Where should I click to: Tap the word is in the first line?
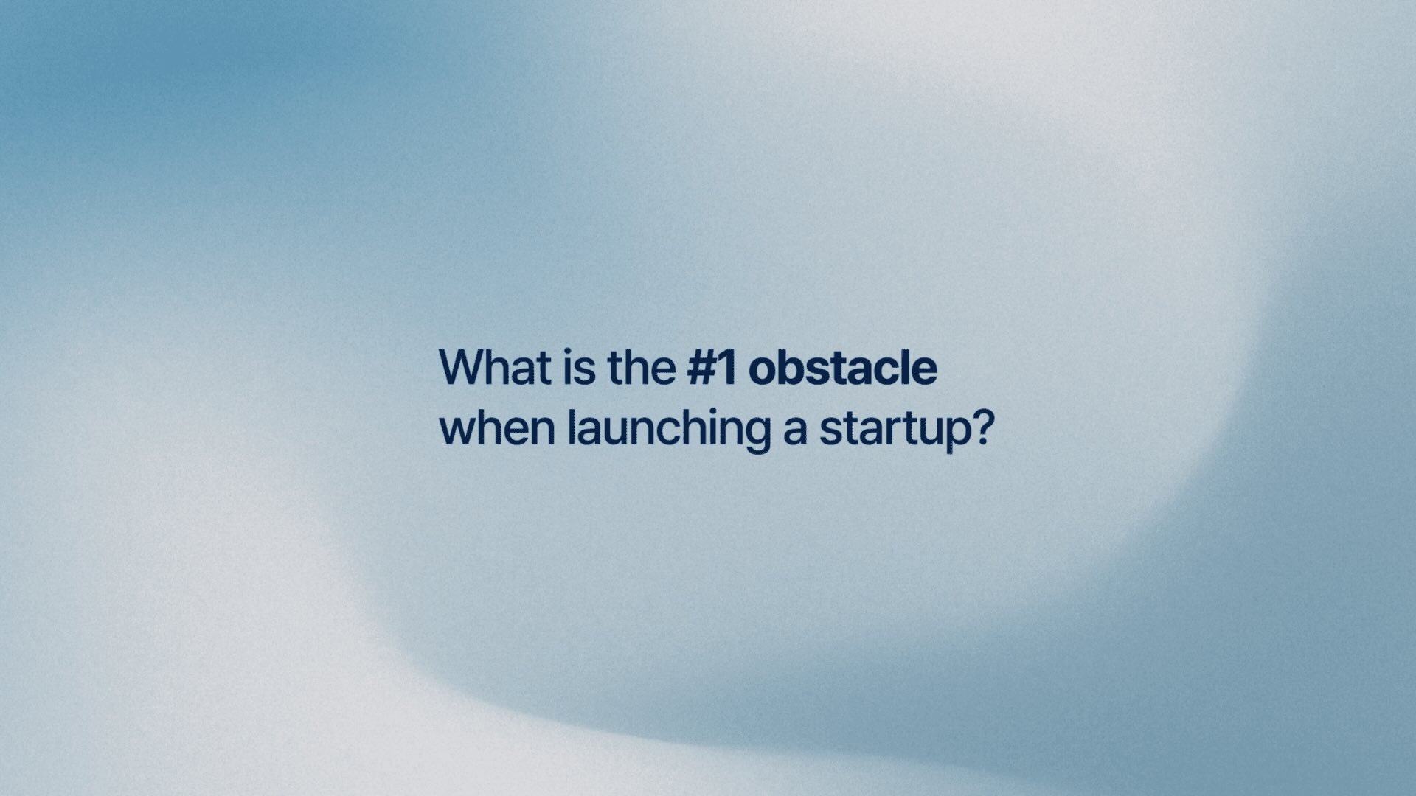point(579,367)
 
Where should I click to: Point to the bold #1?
point(712,367)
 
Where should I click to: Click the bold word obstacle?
point(843,367)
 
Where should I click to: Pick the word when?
point(497,428)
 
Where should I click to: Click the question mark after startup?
point(985,429)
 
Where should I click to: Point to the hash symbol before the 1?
point(703,368)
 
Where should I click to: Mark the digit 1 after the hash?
point(728,367)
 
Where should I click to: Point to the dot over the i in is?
point(569,352)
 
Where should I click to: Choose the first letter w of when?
point(459,433)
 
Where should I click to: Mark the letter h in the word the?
point(635,367)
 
